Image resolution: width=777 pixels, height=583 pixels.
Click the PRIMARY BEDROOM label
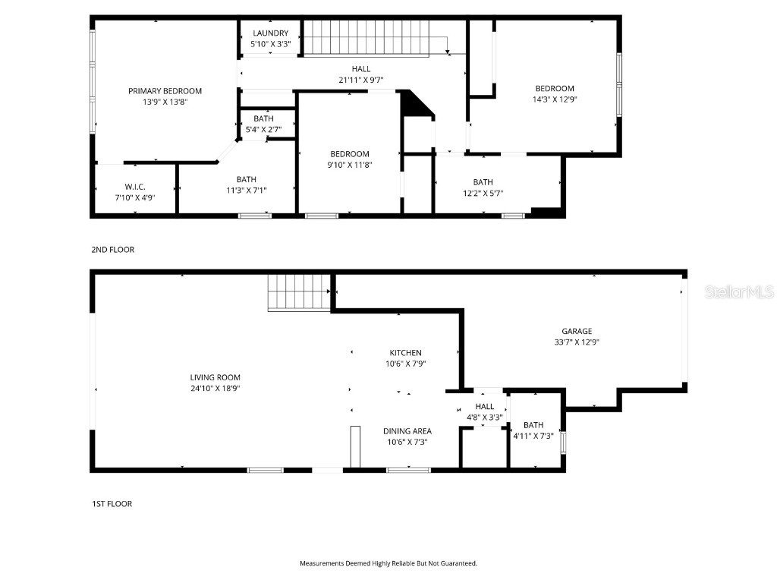pyautogui.click(x=165, y=91)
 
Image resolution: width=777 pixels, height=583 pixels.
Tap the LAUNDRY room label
pyautogui.click(x=271, y=33)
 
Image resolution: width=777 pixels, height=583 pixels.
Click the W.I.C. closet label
pyautogui.click(x=135, y=187)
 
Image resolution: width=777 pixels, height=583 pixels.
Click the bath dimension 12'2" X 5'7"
pyautogui.click(x=483, y=193)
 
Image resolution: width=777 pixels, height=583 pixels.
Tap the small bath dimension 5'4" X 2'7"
pyautogui.click(x=264, y=129)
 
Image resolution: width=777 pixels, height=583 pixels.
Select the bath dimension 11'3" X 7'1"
pyautogui.click(x=246, y=190)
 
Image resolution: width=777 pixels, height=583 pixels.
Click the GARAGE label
pyautogui.click(x=577, y=331)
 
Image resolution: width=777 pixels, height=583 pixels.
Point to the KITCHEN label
pyautogui.click(x=405, y=353)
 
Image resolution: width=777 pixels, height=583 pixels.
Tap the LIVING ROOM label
pyautogui.click(x=215, y=377)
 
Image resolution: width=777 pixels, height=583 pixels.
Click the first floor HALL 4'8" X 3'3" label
pyautogui.click(x=485, y=407)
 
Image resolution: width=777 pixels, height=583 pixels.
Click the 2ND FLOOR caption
pyautogui.click(x=112, y=250)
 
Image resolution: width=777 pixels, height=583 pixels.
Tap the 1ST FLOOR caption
pyautogui.click(x=112, y=503)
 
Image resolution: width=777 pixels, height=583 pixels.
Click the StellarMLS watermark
pyautogui.click(x=738, y=291)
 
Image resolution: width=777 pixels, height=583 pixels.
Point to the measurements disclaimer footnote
pyautogui.click(x=388, y=563)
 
